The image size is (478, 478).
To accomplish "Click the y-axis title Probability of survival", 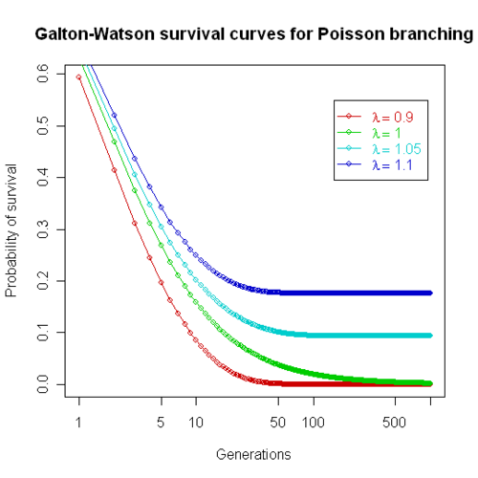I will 12,230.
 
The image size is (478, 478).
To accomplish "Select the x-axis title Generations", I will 253,453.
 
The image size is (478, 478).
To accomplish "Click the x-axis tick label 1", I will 78,422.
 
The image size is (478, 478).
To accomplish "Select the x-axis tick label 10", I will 196,422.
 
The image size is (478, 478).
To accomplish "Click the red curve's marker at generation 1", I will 78,77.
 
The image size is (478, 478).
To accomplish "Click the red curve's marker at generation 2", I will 114,170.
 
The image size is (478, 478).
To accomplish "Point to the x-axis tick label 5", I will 161,422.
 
